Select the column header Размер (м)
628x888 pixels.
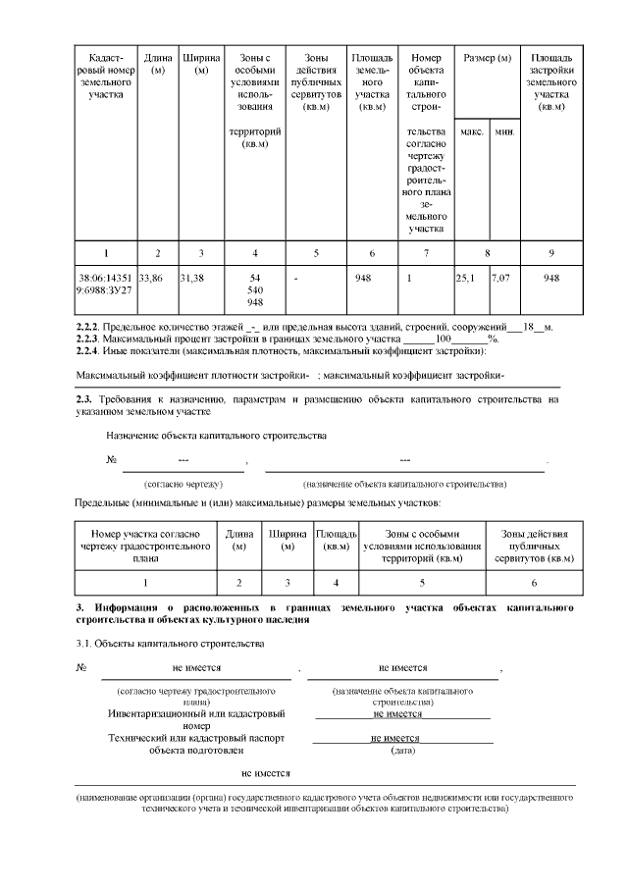click(488, 60)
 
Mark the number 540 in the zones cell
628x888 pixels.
click(255, 290)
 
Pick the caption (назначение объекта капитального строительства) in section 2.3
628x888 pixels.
click(404, 485)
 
